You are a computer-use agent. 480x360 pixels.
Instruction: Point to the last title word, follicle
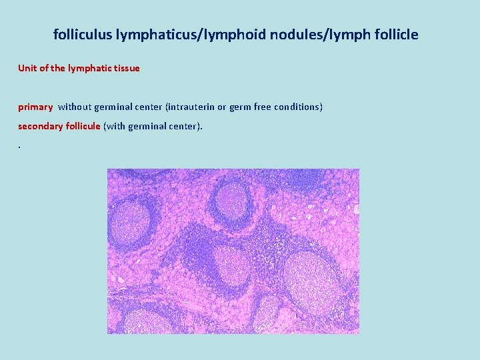point(394,35)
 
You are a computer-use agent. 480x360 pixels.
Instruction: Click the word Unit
point(27,68)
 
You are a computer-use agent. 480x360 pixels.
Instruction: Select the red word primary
point(35,107)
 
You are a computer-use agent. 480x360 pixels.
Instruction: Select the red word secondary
point(40,125)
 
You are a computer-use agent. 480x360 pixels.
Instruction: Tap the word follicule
point(83,125)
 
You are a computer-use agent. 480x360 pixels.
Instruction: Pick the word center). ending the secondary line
point(185,125)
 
